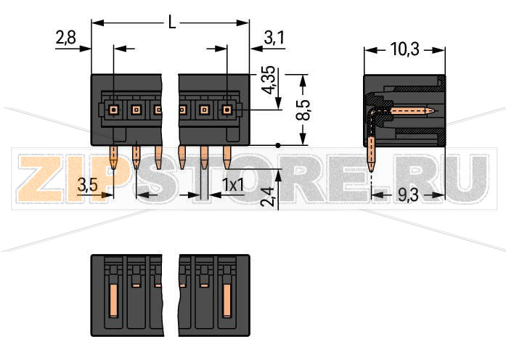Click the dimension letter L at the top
pos(171,22)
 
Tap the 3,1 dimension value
pos(274,38)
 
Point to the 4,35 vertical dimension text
pos(268,81)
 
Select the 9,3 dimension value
pos(409,195)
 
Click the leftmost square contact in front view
pos(114,110)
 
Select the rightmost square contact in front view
pos(227,110)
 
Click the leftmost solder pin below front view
pos(114,157)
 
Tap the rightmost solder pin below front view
pos(227,157)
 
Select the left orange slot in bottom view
pos(114,298)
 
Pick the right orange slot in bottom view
pos(227,298)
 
